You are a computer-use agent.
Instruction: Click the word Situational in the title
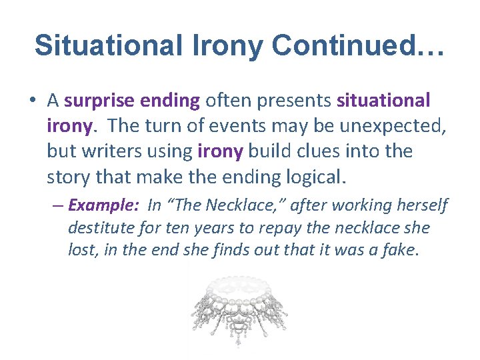[107, 45]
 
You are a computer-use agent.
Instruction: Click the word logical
[317, 177]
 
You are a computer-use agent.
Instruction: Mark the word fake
[400, 250]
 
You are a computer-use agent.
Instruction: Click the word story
[67, 177]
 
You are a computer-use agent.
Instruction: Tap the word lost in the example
[81, 250]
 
